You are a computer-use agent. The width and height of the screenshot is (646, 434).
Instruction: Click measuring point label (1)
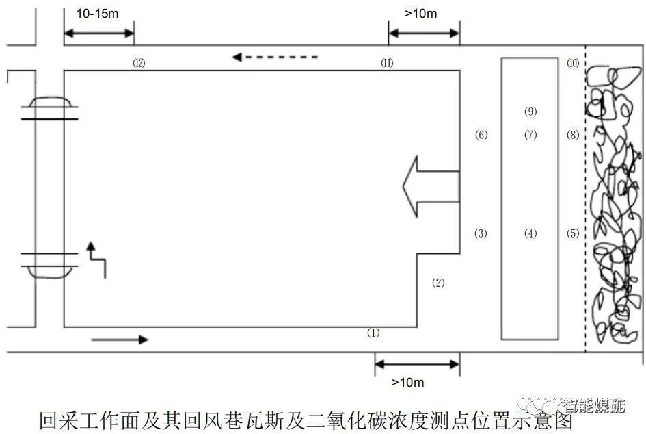(373, 333)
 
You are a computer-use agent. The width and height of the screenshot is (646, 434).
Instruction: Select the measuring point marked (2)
(438, 283)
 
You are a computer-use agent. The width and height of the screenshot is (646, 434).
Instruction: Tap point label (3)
(481, 234)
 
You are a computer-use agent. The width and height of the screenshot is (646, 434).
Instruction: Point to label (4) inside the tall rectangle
(530, 234)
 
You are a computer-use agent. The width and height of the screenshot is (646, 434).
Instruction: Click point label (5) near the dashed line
(573, 234)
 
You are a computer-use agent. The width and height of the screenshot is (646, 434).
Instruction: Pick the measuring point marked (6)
(481, 135)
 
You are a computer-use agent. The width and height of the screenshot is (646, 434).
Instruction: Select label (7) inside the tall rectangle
(530, 135)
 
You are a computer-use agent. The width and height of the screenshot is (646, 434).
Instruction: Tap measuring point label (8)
(573, 135)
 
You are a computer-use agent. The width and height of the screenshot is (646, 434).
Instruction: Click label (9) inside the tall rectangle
(530, 112)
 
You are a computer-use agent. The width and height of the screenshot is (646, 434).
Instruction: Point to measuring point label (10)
(573, 63)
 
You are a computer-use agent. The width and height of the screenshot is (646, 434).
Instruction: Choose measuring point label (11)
(388, 63)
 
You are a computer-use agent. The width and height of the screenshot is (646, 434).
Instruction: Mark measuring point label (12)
(139, 63)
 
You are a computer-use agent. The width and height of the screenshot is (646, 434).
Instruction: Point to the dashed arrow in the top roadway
(275, 58)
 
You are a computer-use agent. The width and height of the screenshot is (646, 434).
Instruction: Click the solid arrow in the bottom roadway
(119, 340)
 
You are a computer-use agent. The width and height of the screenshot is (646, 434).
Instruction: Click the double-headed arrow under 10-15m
(98, 31)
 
